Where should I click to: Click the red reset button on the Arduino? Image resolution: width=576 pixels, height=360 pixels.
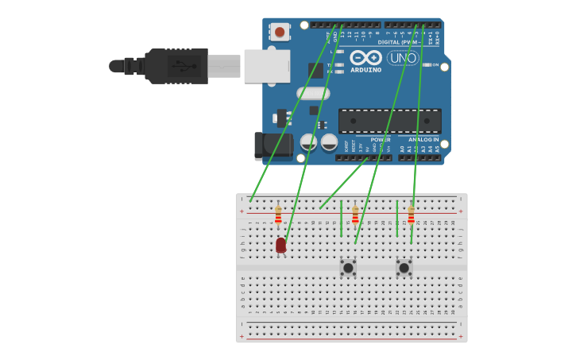[x=280, y=32]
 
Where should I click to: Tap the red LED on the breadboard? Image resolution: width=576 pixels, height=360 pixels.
[x=280, y=245]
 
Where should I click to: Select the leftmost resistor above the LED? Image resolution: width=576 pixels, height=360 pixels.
[x=278, y=215]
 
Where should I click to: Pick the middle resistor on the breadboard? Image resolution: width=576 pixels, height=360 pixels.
[x=355, y=215]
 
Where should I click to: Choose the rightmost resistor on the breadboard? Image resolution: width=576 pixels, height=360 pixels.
[x=411, y=215]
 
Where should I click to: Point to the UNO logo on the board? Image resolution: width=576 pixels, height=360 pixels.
[x=403, y=58]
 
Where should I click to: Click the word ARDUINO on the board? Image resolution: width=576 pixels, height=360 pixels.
[x=365, y=70]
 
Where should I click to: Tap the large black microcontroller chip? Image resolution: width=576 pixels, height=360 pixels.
[x=389, y=121]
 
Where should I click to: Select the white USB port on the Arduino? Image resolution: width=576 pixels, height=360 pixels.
[x=266, y=66]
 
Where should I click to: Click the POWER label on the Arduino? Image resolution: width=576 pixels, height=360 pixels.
[x=381, y=140]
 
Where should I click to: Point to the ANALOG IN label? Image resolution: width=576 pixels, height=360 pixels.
[x=423, y=140]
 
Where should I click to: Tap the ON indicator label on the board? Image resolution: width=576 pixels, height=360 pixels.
[x=435, y=64]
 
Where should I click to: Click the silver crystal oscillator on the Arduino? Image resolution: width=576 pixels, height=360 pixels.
[x=313, y=93]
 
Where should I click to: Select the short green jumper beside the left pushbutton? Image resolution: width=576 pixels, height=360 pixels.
[x=341, y=218]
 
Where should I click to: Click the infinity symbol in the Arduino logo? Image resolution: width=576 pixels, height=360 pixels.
[x=365, y=58]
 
